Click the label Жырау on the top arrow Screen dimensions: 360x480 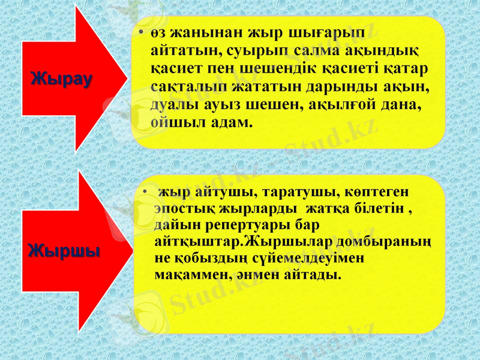[x=62, y=79]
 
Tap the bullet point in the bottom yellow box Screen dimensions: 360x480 [x=143, y=193]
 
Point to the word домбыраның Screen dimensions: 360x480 [x=391, y=241]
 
